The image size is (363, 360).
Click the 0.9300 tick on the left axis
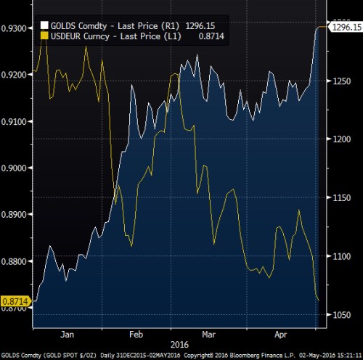15,28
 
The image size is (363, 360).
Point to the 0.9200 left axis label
15,75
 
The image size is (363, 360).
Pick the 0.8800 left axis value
15,261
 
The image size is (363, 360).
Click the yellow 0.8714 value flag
15,300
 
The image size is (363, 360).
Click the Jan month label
67,335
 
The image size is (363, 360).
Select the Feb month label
136,335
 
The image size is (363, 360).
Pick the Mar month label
209,335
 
